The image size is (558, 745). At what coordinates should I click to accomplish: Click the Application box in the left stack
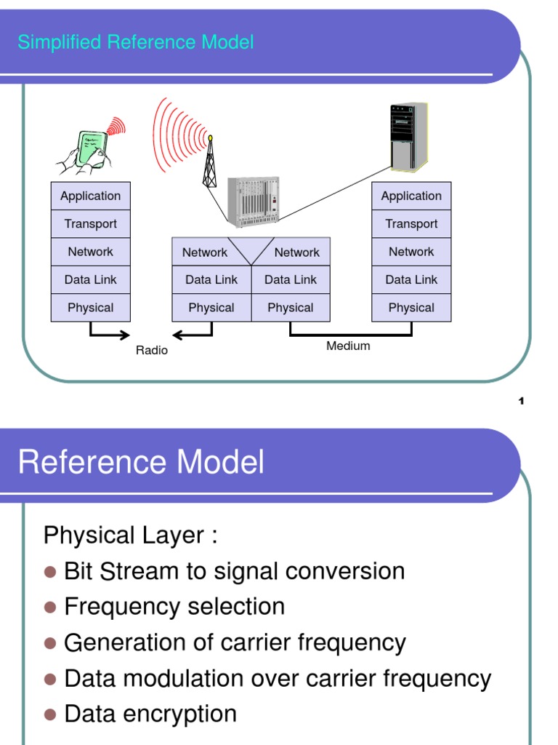(x=91, y=196)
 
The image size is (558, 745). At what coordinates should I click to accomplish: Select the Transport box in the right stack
(x=411, y=224)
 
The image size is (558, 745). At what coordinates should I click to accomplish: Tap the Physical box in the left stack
(x=91, y=308)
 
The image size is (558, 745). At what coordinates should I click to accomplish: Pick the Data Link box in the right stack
(x=411, y=280)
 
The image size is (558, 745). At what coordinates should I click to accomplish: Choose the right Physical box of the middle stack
(x=291, y=308)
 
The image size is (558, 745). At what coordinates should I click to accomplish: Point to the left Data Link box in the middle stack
(x=211, y=280)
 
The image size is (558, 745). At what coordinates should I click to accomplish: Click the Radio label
(x=152, y=351)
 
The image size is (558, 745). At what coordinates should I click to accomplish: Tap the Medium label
(x=348, y=346)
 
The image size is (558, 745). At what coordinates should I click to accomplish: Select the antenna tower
(x=210, y=162)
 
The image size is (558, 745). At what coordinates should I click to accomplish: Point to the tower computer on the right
(x=409, y=137)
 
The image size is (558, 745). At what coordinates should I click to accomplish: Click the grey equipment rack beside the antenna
(x=254, y=202)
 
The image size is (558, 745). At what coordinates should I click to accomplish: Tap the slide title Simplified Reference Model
(x=136, y=42)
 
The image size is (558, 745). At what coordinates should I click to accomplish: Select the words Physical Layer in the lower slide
(x=124, y=535)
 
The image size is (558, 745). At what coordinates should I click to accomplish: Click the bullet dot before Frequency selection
(x=50, y=607)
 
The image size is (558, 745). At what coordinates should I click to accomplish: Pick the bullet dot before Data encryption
(x=50, y=714)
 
